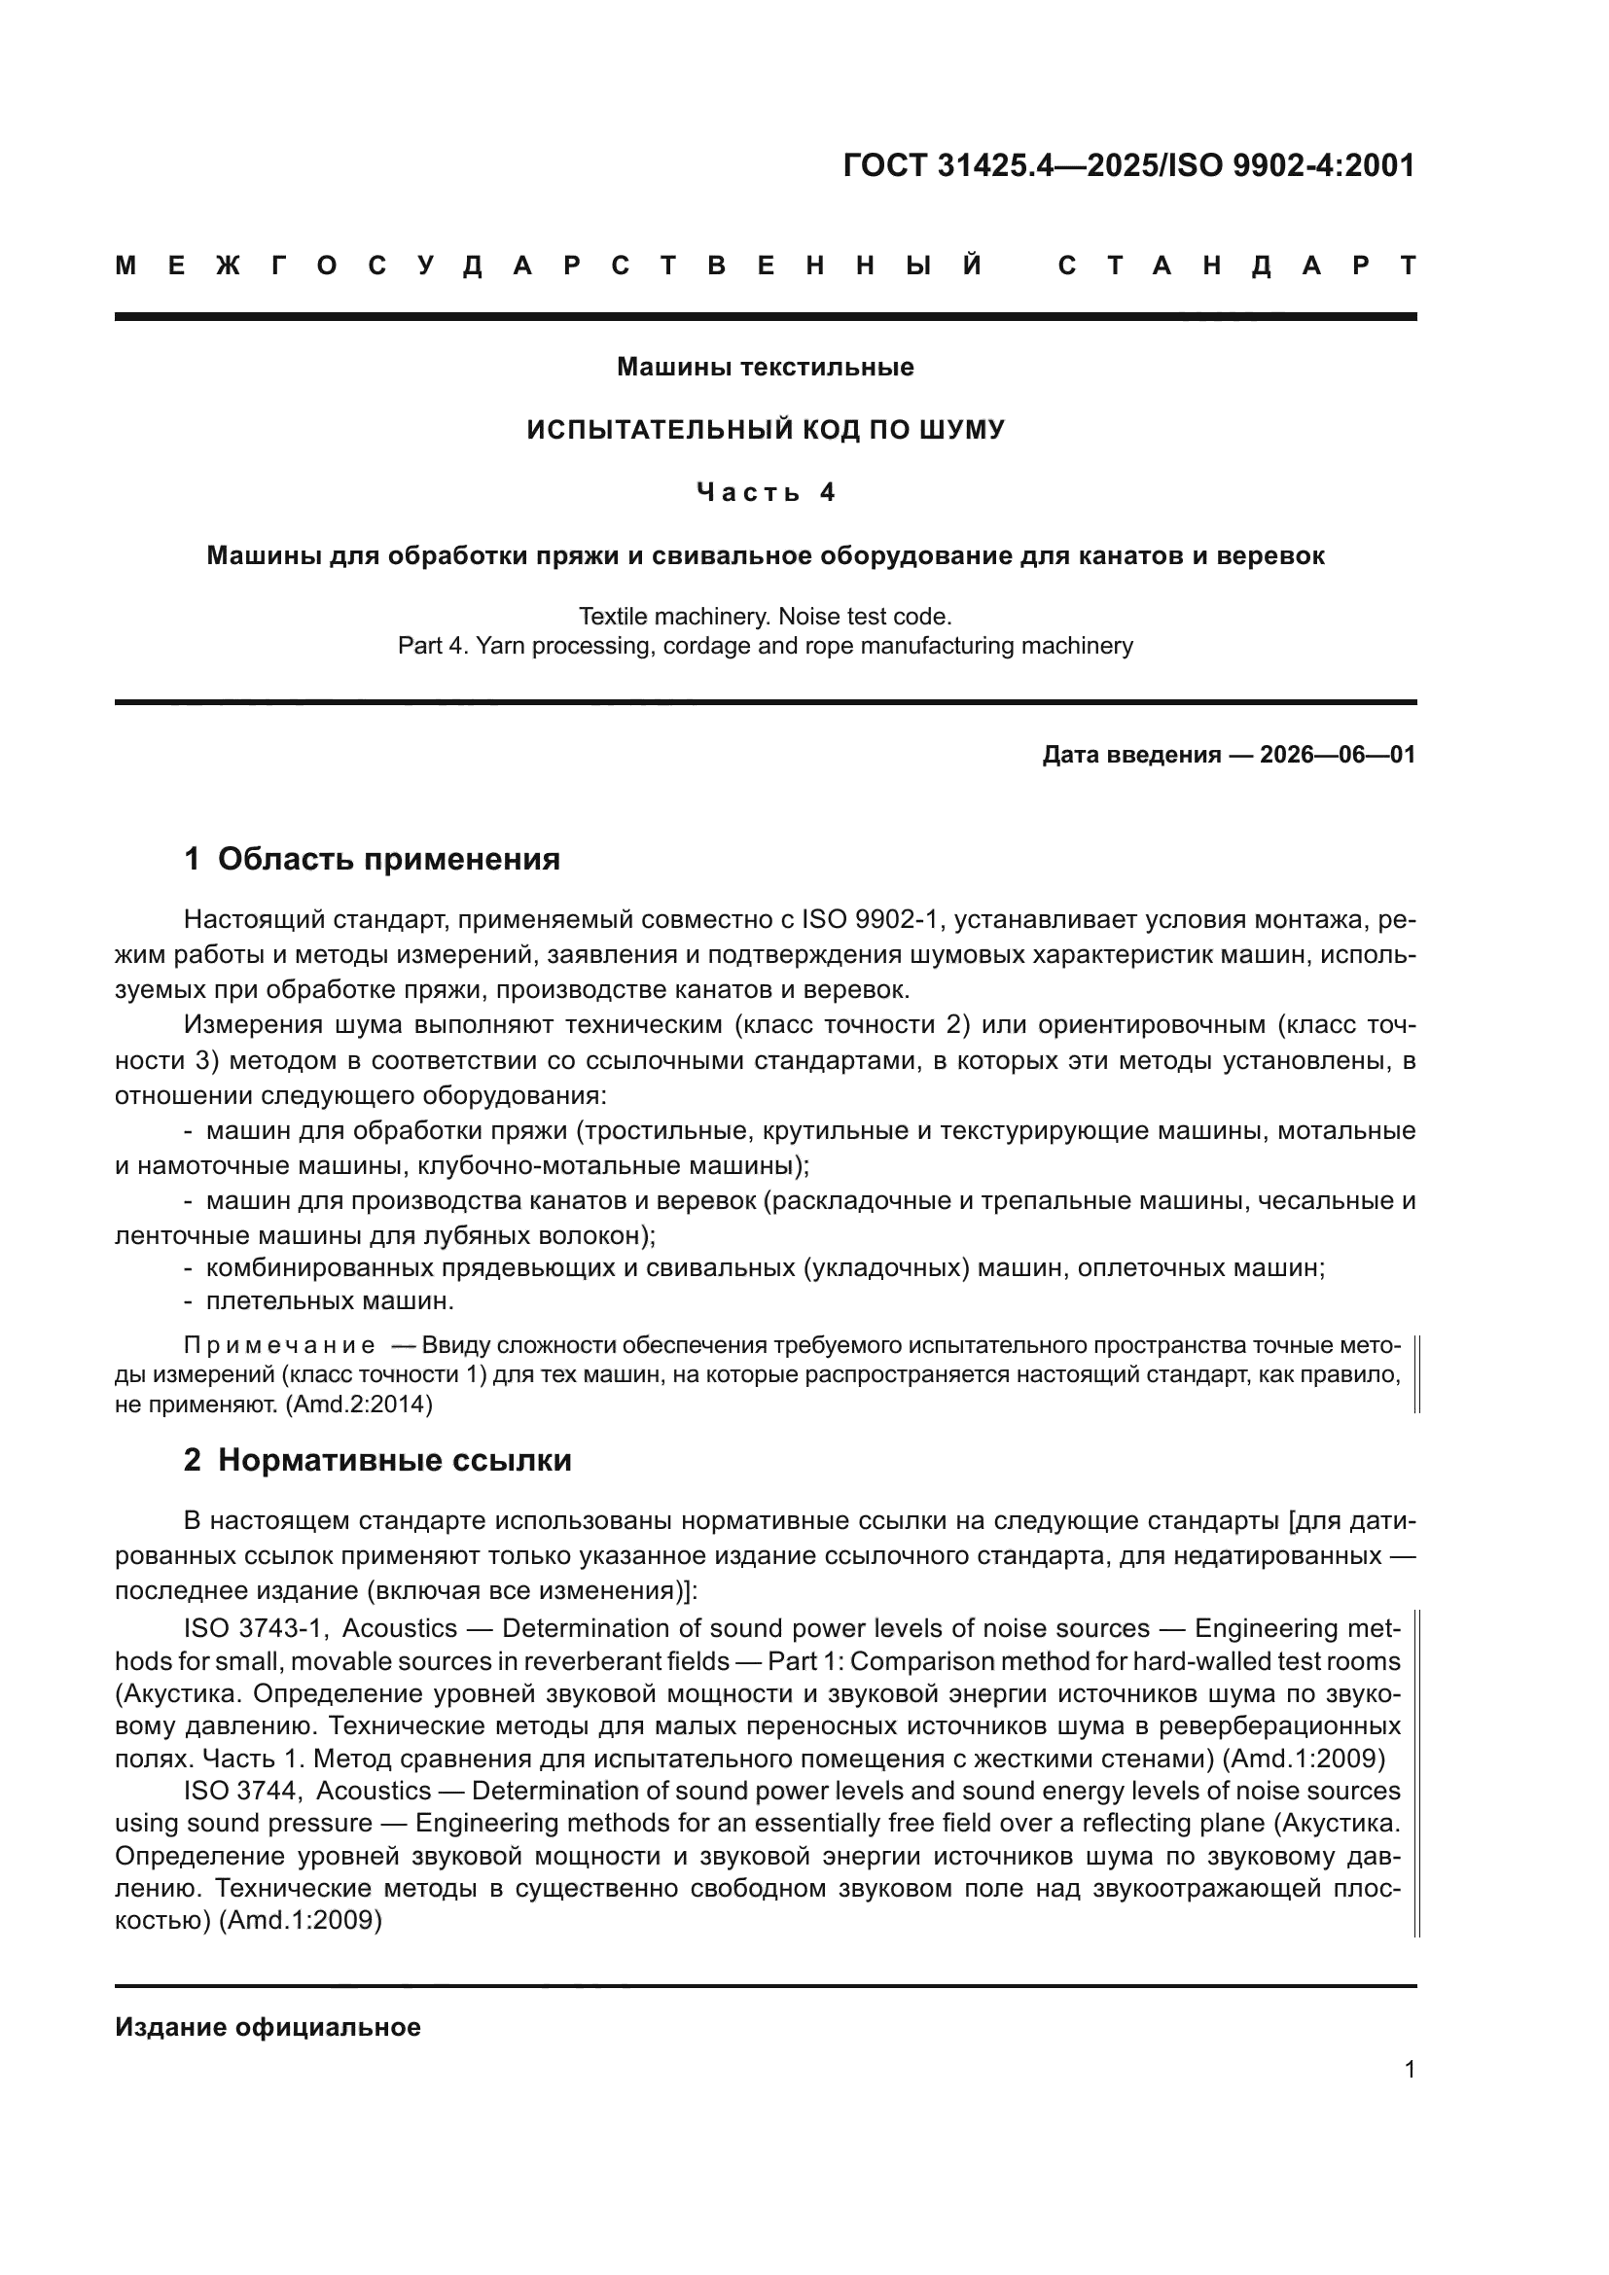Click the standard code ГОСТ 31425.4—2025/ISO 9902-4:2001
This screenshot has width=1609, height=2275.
pos(1128,165)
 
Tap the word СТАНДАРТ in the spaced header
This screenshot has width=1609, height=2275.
pos(1236,266)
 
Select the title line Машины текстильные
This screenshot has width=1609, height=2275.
pos(765,368)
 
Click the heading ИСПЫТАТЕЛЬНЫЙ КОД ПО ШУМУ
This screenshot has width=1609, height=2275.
pos(765,430)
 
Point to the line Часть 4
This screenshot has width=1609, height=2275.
pos(765,492)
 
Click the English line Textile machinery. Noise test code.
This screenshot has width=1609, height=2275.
pos(765,617)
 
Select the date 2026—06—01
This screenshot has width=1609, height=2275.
pos(1337,755)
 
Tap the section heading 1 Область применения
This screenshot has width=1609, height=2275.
pos(372,859)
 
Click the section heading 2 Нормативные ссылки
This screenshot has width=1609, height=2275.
pos(377,1461)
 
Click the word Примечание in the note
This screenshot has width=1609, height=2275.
pos(279,1345)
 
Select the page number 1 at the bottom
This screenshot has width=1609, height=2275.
pos(1409,2070)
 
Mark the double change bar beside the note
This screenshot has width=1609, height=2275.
pos(1416,1374)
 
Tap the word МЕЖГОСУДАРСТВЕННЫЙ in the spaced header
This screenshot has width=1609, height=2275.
pos(550,266)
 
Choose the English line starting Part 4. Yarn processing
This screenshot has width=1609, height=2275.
pos(765,646)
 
